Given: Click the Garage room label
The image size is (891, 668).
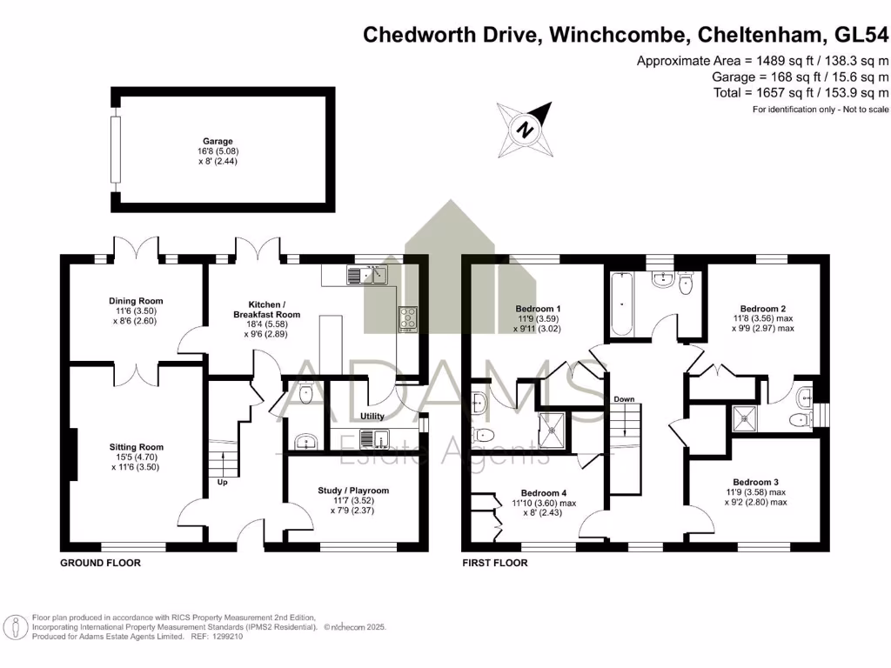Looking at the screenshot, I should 218,141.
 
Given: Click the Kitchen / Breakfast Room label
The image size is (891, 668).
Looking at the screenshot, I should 266,307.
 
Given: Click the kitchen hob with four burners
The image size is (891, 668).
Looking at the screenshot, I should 408,318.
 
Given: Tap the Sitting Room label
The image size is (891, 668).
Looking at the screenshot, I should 130,447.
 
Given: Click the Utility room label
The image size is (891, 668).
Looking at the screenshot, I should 372,417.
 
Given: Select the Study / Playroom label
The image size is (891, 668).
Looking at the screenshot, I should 353,491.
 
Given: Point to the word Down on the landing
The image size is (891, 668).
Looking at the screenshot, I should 624,399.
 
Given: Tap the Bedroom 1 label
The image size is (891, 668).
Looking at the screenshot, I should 539,309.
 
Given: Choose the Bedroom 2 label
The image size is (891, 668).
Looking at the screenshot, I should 763,308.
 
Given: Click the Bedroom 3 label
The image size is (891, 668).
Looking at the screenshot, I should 755,482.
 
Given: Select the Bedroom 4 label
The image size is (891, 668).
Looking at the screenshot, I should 544,493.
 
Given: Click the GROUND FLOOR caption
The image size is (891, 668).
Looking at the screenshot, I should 100,563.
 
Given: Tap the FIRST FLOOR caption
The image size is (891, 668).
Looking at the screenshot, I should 494,563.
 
